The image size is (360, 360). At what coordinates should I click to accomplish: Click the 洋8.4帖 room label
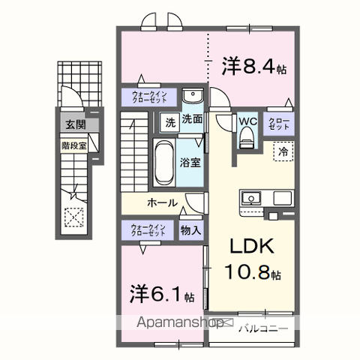(253, 67)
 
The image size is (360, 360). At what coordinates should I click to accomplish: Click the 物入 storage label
(190, 231)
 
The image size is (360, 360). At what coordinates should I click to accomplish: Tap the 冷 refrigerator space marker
(283, 151)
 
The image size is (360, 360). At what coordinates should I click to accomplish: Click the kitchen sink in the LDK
(251, 199)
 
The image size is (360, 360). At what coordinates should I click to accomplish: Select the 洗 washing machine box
(169, 121)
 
